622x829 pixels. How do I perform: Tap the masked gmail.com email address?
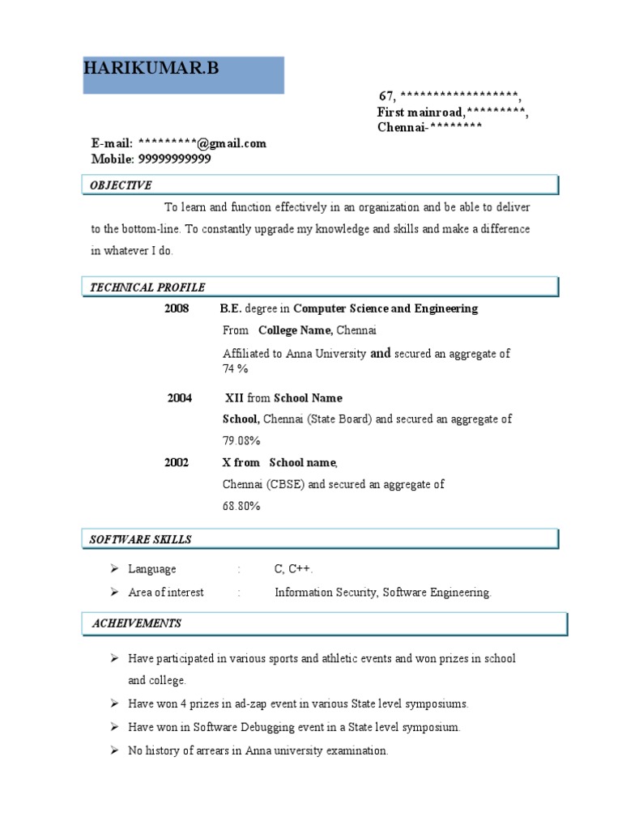click(x=202, y=143)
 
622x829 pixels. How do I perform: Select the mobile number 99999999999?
click(x=174, y=159)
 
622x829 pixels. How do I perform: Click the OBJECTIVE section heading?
click(x=120, y=185)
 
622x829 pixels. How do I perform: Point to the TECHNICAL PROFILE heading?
click(x=147, y=287)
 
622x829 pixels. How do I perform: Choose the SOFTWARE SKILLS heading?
click(x=140, y=539)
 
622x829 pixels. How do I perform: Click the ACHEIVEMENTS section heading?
click(x=136, y=623)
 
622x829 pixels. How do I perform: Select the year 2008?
click(x=177, y=308)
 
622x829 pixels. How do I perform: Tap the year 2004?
click(x=180, y=398)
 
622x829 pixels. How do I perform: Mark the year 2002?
click(x=177, y=462)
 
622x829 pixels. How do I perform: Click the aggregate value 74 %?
click(x=235, y=369)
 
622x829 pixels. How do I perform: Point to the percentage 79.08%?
click(x=241, y=441)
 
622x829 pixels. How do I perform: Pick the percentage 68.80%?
click(x=241, y=506)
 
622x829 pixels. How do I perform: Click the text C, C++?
click(x=293, y=569)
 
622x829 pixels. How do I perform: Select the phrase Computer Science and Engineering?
click(x=386, y=308)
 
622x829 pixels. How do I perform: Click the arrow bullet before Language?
click(x=115, y=569)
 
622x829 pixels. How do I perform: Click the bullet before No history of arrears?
click(x=115, y=750)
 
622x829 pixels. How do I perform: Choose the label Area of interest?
click(x=166, y=593)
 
